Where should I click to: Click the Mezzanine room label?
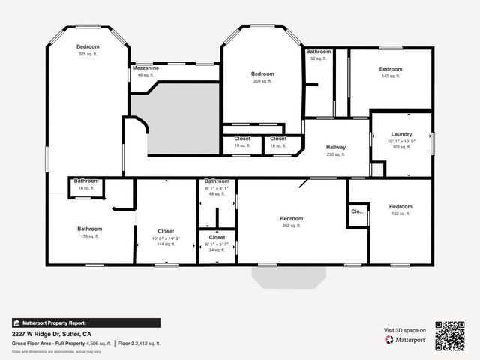(145, 68)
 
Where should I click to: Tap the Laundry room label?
(401, 134)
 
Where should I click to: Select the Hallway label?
(335, 147)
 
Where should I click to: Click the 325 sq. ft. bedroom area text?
(88, 54)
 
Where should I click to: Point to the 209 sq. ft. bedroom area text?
(262, 81)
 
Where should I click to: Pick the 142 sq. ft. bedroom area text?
(391, 76)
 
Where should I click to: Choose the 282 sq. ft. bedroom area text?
(291, 226)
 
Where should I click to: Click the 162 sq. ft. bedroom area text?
(400, 214)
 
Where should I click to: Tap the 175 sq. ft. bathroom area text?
(89, 236)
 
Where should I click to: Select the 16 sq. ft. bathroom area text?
(86, 188)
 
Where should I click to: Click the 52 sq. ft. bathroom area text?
(318, 58)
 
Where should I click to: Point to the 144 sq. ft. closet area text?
(166, 244)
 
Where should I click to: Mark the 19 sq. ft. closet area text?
(241, 145)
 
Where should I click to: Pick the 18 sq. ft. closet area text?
(278, 145)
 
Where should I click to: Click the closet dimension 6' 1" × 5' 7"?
(217, 244)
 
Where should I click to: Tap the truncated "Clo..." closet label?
(358, 211)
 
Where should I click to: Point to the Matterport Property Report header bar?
(85, 322)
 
